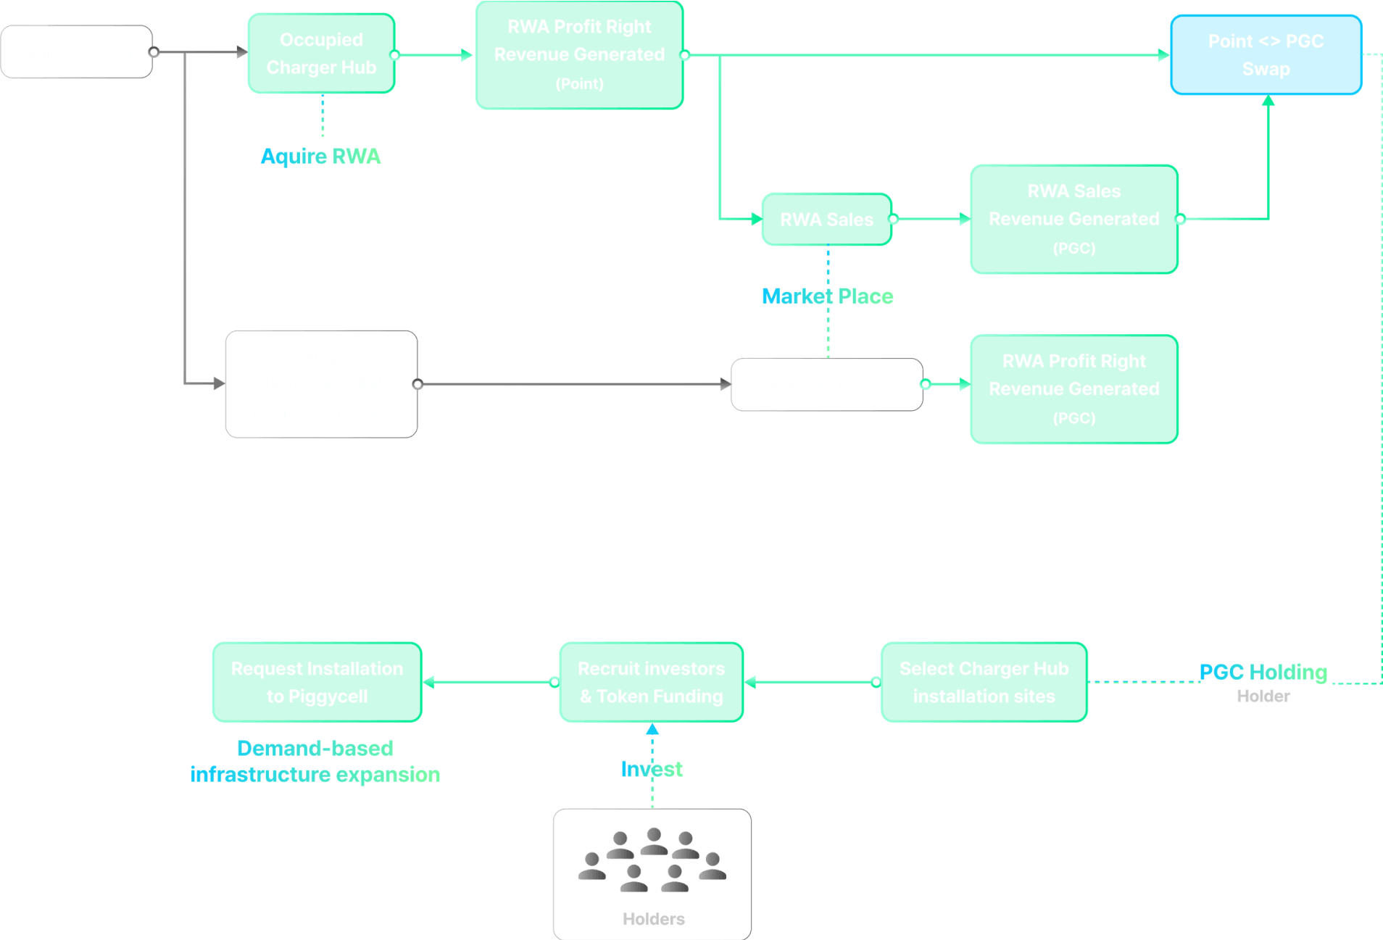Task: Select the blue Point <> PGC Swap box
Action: click(1266, 55)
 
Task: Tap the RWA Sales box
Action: click(826, 220)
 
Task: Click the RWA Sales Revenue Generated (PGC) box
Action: click(1073, 219)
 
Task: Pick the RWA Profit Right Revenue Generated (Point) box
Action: click(579, 55)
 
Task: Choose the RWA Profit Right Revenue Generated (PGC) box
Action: click(1073, 389)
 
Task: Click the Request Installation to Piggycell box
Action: click(317, 682)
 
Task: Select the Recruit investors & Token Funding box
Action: click(651, 682)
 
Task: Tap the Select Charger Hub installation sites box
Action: click(984, 682)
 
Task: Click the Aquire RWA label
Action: click(320, 157)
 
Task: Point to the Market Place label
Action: click(827, 296)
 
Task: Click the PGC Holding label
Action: click(1263, 672)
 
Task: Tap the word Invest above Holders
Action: click(651, 769)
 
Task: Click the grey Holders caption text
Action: click(653, 919)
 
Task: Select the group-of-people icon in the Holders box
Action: click(652, 860)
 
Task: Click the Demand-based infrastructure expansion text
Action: click(315, 761)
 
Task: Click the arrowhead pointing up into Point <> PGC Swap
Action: click(1268, 101)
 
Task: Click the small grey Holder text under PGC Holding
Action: click(1263, 696)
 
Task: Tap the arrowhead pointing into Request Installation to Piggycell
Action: click(428, 682)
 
